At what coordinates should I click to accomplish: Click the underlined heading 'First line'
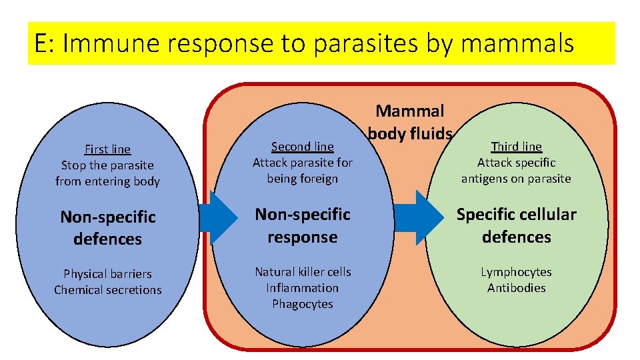(107, 149)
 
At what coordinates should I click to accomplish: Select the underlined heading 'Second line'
(302, 147)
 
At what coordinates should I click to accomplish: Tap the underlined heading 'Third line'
(516, 147)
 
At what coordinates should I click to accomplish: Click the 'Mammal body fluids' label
(409, 122)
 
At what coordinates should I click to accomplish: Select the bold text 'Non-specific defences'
(107, 228)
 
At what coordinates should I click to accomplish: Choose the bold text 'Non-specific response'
(302, 225)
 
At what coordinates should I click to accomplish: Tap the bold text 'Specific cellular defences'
(516, 225)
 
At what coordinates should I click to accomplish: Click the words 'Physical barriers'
(107, 274)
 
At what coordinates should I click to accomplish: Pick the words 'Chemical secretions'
(107, 290)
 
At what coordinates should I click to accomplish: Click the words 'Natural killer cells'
(302, 272)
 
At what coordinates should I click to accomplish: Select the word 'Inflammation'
(302, 288)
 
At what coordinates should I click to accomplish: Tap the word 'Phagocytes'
(302, 304)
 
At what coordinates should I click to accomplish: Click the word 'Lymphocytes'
(516, 272)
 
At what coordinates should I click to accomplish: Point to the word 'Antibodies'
(516, 288)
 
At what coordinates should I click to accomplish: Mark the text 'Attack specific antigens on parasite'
(516, 171)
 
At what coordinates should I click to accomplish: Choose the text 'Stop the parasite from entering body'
(107, 173)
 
